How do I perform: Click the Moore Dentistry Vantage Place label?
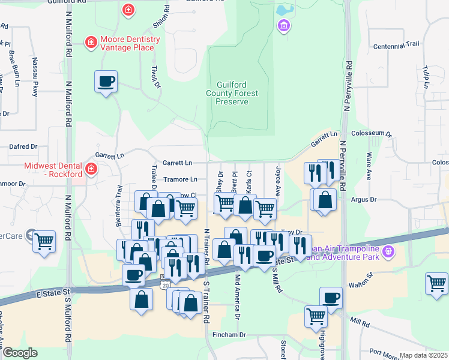[x=130, y=43]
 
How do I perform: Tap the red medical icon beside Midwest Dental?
[x=91, y=169]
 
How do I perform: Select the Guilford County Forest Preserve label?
[x=232, y=94]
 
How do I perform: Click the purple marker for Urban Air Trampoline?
[x=389, y=252]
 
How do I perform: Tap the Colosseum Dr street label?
[x=372, y=135]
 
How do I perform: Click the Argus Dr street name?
[x=364, y=199]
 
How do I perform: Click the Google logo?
[x=20, y=353]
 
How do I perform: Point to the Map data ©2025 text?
[x=423, y=355]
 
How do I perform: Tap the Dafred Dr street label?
[x=23, y=146]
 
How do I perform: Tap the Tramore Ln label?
[x=181, y=179]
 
